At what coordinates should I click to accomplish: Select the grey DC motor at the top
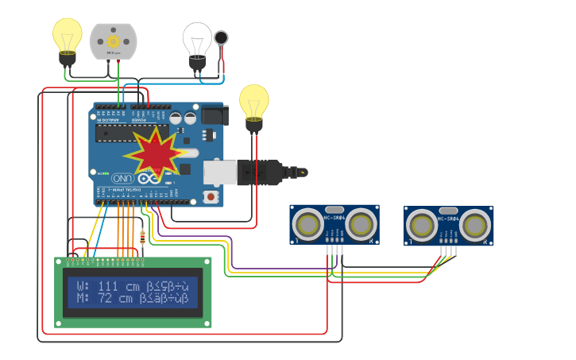(113, 41)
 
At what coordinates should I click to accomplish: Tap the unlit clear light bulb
(197, 41)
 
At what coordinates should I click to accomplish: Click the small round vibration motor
(221, 37)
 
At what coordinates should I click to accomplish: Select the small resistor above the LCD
(142, 236)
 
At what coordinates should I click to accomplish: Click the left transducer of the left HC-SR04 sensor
(307, 224)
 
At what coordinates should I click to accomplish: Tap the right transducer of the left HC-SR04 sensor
(360, 224)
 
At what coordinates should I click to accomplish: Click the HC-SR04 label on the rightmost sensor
(448, 219)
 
